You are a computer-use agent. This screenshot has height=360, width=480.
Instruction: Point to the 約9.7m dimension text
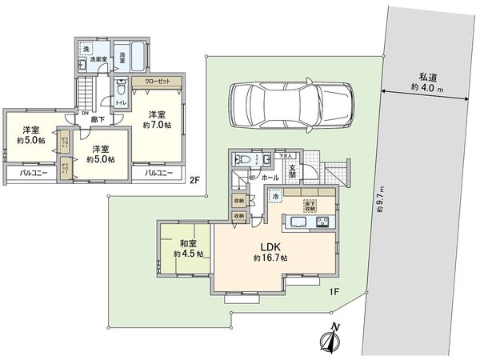(381, 203)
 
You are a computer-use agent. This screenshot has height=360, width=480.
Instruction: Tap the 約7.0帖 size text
(157, 125)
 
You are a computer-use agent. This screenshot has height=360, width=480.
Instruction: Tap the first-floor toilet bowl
(243, 160)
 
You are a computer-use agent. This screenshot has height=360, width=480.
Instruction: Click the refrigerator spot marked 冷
(274, 197)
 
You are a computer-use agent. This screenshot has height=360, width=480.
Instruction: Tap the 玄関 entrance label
(293, 170)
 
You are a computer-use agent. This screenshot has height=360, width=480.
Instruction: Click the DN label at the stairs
(85, 113)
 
